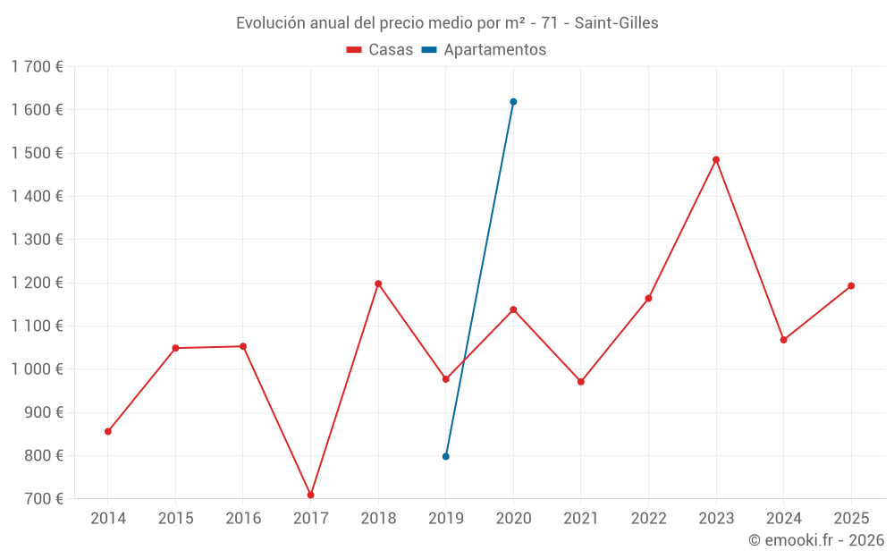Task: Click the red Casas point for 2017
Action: coord(310,495)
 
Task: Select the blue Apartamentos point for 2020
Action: coord(513,102)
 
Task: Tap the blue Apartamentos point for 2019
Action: coord(445,456)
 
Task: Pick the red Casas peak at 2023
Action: coord(716,160)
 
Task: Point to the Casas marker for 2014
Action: coord(108,431)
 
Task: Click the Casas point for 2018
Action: coord(378,284)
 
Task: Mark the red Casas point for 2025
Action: coord(851,286)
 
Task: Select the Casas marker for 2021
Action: coord(581,382)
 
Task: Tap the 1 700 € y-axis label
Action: coord(37,67)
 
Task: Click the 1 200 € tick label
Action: coord(37,283)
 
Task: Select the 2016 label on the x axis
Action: coord(243,519)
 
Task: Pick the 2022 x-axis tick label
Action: coord(648,519)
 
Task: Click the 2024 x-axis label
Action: coord(783,519)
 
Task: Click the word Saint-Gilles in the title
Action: coord(616,23)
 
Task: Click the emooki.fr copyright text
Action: coord(816,540)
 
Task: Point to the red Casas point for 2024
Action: coord(783,340)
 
